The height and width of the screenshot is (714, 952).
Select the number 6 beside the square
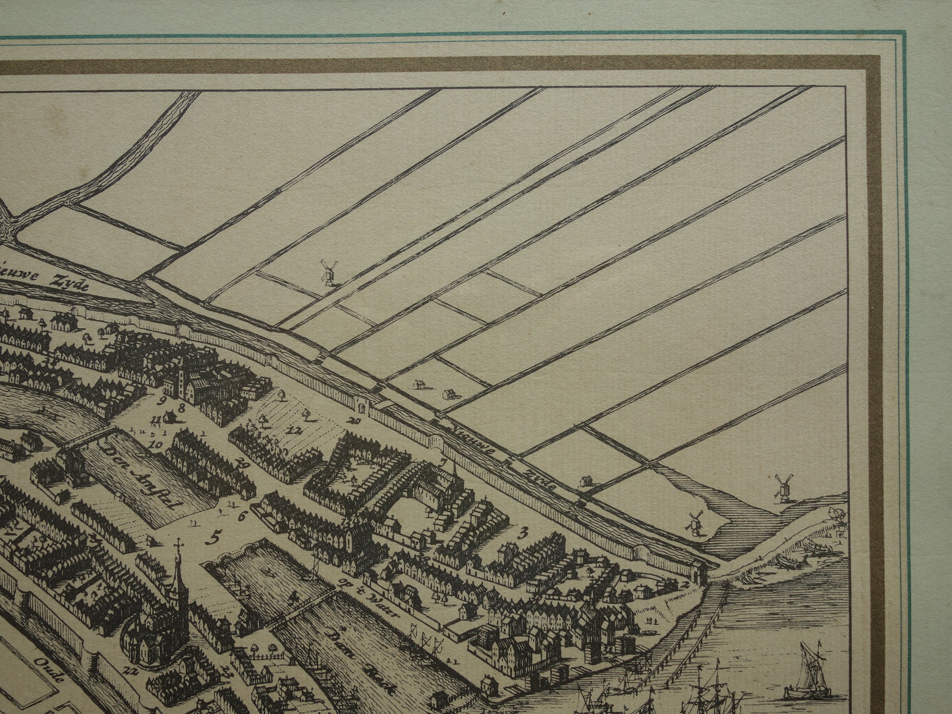(242, 516)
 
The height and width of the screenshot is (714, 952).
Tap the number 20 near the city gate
(356, 420)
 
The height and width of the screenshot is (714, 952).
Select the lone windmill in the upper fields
(327, 271)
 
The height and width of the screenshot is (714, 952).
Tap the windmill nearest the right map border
(781, 485)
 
